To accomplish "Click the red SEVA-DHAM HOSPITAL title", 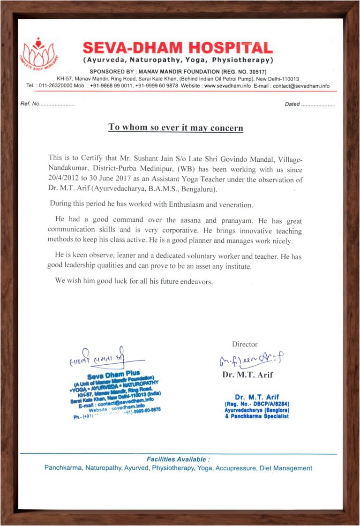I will (178, 48).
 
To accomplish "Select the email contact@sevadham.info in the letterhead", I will (301, 86).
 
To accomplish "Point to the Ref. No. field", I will (47, 104).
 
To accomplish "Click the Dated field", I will (310, 104).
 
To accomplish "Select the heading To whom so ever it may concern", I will (176, 127).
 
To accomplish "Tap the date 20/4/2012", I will (66, 180).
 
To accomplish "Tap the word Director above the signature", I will (245, 344).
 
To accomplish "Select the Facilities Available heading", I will (178, 459).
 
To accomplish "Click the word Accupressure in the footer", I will (236, 468).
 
